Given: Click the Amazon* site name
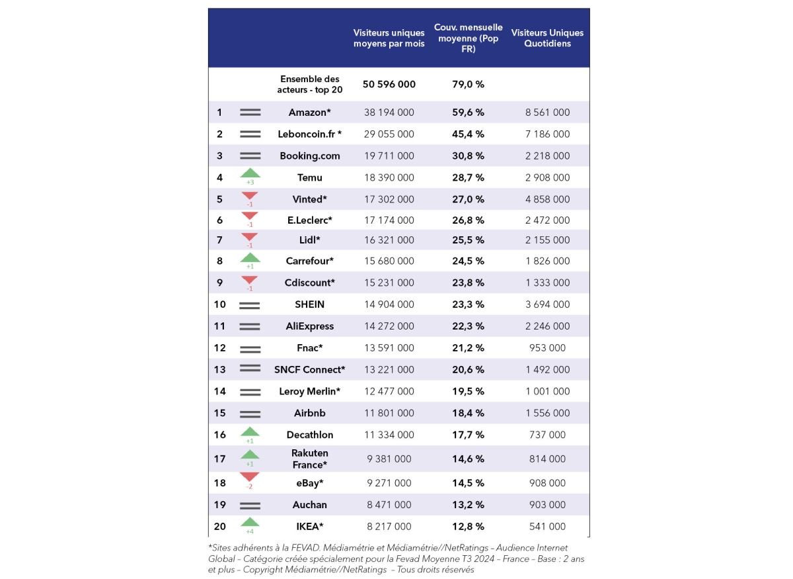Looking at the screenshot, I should point(309,112).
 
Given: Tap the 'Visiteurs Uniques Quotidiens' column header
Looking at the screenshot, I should point(547,38).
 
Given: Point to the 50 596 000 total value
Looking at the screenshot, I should point(389,84).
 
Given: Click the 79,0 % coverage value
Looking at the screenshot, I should point(468,84).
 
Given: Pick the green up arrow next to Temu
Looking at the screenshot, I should point(250,174).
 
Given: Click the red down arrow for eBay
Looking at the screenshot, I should point(250,478).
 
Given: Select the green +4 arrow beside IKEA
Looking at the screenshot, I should point(250,523).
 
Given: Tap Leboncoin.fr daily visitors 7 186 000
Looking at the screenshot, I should point(547,134).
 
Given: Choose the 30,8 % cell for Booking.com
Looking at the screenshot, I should point(468,156).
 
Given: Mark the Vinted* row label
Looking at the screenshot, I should point(309,199).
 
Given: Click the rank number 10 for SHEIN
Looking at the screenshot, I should point(219,304).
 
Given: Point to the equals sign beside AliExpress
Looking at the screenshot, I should point(250,326).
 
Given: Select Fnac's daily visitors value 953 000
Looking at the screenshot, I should point(547,348).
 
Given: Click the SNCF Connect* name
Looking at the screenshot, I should point(309,370).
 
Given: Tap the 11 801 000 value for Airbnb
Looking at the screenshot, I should point(389,413).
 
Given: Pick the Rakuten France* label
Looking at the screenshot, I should point(309,459).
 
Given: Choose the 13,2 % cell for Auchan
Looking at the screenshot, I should point(468,505).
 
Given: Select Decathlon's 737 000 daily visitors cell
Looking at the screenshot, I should point(547,435).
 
